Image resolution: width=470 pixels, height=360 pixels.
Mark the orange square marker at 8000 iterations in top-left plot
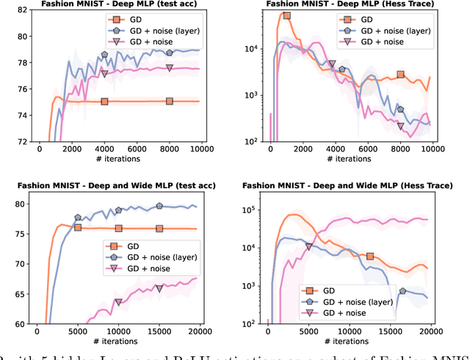[170, 101]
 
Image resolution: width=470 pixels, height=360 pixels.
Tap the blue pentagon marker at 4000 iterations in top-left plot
[104, 55]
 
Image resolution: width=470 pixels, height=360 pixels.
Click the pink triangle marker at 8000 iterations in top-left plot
[170, 68]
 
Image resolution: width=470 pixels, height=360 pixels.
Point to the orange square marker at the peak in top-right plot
[286, 15]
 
